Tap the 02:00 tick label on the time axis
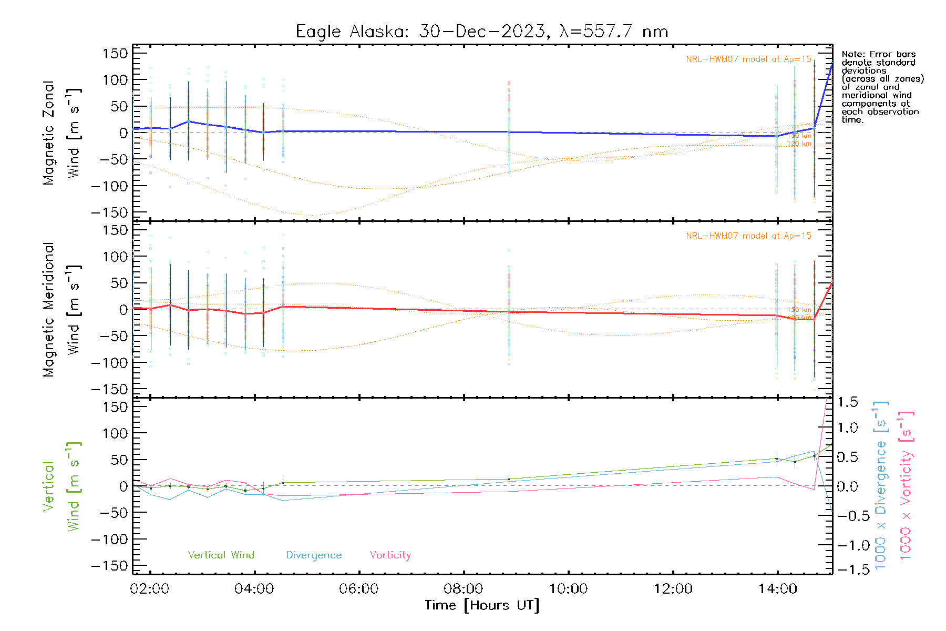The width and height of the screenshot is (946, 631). tap(150, 589)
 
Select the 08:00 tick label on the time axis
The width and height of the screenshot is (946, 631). tap(464, 589)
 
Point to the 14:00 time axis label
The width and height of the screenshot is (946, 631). tap(777, 589)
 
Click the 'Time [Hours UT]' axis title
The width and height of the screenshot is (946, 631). tap(482, 605)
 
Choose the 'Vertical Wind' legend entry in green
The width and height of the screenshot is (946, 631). tap(221, 555)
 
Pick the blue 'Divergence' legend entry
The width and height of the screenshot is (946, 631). tap(314, 555)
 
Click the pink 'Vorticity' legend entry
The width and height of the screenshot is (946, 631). tap(390, 555)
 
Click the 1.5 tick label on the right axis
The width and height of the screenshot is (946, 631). tap(847, 402)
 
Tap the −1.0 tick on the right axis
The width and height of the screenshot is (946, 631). tap(847, 545)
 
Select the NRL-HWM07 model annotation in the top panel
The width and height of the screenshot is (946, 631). tap(748, 59)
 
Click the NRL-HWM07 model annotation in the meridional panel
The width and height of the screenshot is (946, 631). tap(748, 236)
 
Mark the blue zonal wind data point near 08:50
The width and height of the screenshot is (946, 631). tap(509, 133)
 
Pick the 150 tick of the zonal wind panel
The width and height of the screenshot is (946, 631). tap(116, 53)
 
